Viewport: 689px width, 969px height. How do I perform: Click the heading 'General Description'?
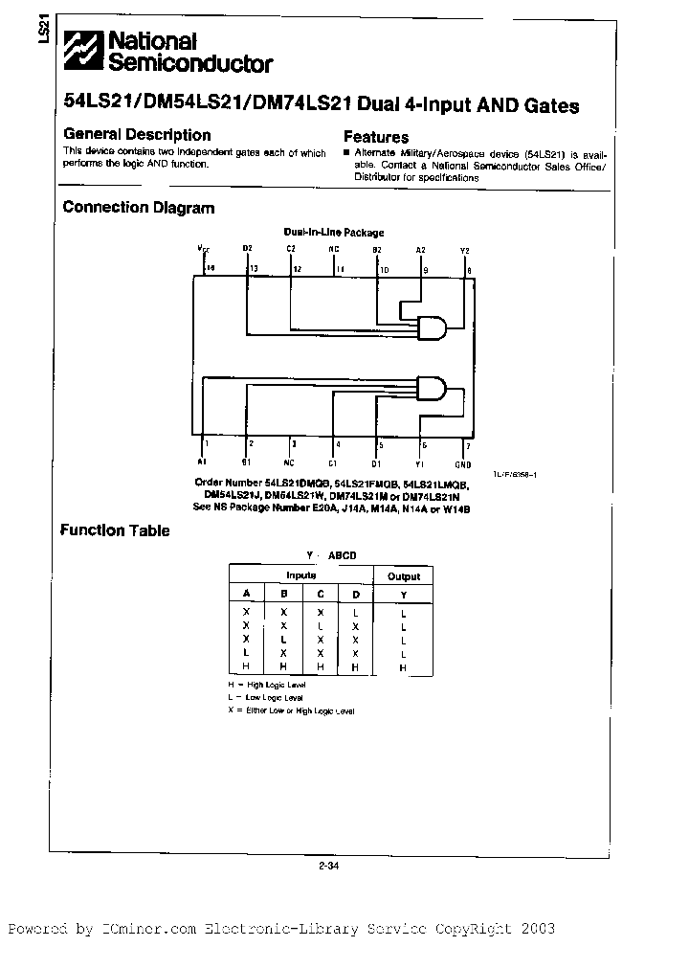(x=137, y=135)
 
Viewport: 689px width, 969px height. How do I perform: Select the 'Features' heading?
(x=376, y=137)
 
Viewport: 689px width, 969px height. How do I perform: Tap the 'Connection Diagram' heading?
(x=138, y=207)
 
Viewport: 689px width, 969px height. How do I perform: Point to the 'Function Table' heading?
(x=115, y=530)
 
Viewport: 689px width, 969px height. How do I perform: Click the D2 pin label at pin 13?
(x=247, y=249)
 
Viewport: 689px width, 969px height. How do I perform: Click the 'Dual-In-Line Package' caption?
(x=334, y=232)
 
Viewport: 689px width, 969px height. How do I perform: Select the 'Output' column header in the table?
(x=403, y=575)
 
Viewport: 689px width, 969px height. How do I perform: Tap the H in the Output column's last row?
(x=403, y=666)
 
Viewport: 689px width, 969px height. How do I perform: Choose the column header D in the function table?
(x=355, y=594)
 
